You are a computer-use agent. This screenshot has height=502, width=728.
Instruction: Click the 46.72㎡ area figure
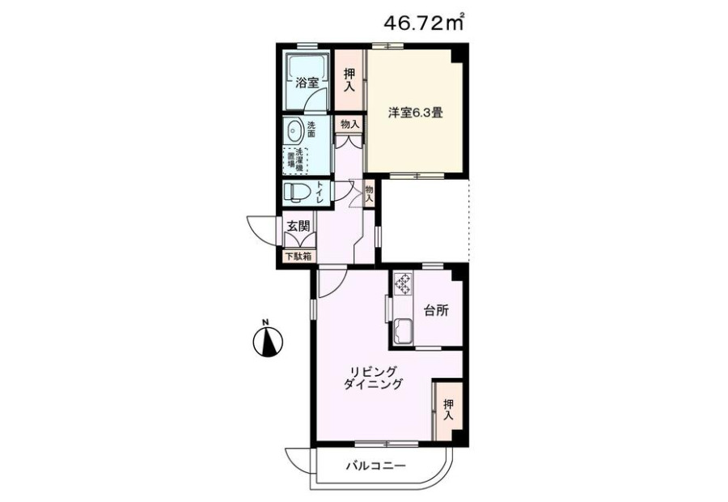424,23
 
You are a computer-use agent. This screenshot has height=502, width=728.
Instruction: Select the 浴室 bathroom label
307,83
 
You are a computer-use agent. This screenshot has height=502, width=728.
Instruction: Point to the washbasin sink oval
294,130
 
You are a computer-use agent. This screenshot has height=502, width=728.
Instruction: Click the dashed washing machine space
295,160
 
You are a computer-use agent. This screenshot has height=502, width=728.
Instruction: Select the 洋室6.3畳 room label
415,113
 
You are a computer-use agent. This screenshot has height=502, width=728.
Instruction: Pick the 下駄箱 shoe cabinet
298,256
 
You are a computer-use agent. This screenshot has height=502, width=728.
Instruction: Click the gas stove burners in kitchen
403,284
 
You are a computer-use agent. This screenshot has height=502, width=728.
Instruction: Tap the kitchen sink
403,331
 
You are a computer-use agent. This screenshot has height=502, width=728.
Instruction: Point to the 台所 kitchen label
437,311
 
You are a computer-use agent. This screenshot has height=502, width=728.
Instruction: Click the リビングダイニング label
373,378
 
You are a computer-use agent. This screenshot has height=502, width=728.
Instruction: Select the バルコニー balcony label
376,466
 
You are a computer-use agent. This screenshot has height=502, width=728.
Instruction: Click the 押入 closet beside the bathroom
349,79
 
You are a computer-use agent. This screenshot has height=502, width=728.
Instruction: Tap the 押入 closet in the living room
448,410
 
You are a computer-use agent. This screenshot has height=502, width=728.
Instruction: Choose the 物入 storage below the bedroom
369,194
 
